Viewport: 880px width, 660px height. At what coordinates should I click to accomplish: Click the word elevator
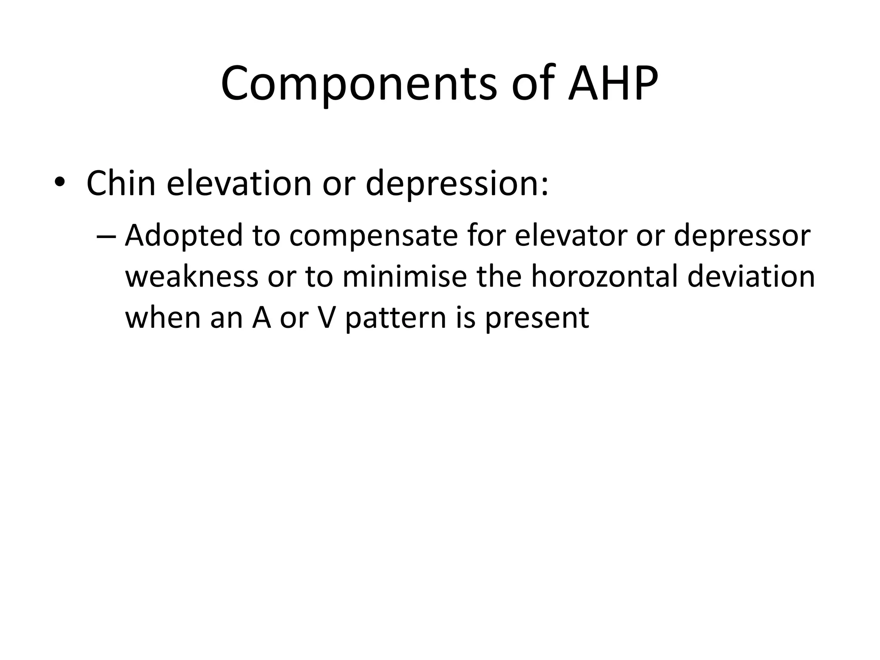coord(571,235)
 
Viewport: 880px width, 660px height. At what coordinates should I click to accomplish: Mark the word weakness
coord(192,277)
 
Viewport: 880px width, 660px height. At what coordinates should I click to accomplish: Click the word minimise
coord(404,277)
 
